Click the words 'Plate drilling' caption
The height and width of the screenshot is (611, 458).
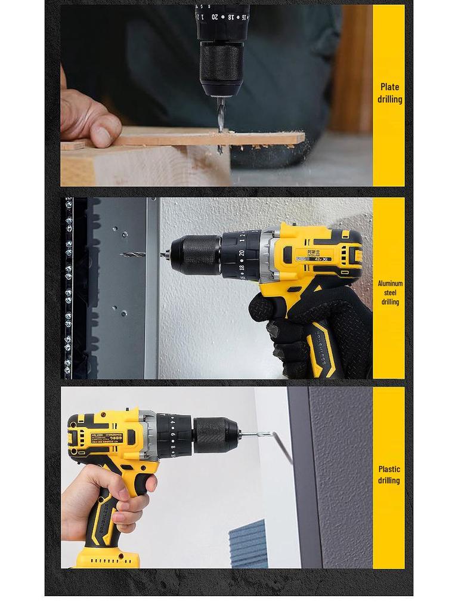(389, 94)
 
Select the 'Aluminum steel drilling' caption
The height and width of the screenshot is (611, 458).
(390, 292)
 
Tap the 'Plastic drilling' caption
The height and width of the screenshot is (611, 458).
(388, 475)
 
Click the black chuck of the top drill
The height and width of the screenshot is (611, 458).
(221, 66)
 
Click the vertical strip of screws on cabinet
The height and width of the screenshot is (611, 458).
(69, 286)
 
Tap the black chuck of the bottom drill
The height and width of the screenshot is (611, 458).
(215, 435)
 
